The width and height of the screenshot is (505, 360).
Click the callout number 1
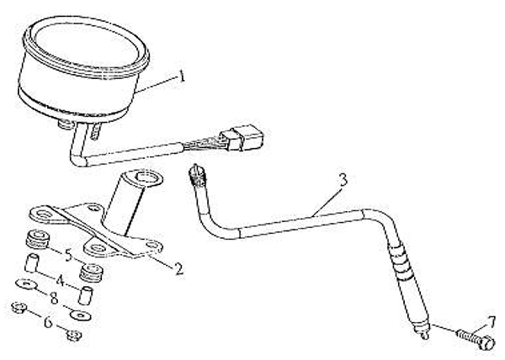click(x=183, y=77)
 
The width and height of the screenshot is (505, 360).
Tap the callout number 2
click(x=178, y=268)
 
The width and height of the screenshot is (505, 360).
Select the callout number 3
click(x=343, y=179)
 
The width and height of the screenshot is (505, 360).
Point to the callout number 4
click(x=61, y=281)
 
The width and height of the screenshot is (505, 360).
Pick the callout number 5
click(x=68, y=255)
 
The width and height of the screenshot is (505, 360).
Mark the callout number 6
click(x=48, y=321)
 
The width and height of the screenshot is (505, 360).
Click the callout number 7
click(x=492, y=322)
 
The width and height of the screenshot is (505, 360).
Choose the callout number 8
click(x=54, y=299)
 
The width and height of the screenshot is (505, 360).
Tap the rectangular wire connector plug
click(x=246, y=138)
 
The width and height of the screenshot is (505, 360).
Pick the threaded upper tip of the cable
click(x=196, y=176)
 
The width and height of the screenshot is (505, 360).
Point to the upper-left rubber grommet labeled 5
click(x=38, y=239)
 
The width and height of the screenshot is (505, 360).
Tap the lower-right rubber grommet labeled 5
click(x=92, y=273)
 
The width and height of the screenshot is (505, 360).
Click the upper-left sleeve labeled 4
click(x=32, y=262)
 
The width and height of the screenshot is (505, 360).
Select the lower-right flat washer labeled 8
click(x=80, y=315)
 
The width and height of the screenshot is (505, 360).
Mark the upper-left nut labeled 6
click(x=19, y=308)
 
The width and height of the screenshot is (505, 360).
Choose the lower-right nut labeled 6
click(x=74, y=336)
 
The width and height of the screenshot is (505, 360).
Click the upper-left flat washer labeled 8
click(x=26, y=284)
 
